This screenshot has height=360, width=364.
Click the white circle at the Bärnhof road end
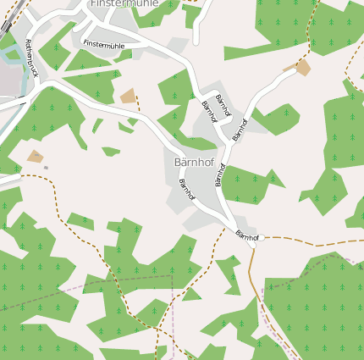coord(262,238)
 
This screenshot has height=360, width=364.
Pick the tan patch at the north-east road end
coord(302,67)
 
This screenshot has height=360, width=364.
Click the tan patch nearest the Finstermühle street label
coord(128,96)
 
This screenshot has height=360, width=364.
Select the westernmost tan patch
coord(35,157)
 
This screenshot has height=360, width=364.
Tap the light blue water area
coord(11,55)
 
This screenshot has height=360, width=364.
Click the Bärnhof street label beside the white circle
coord(246,235)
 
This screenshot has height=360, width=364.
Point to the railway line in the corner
coord(7,19)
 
